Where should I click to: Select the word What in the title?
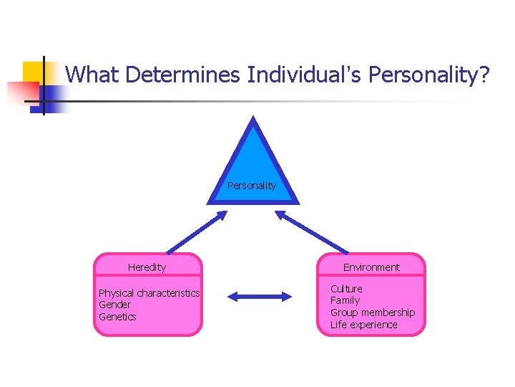pyautogui.click(x=90, y=73)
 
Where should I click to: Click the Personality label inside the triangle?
pyautogui.click(x=252, y=186)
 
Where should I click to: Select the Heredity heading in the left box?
pyautogui.click(x=147, y=267)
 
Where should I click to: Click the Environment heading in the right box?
pyautogui.click(x=371, y=267)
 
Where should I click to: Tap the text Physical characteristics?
pyautogui.click(x=149, y=293)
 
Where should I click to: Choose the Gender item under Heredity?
pyautogui.click(x=114, y=305)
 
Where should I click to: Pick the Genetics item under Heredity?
pyautogui.click(x=117, y=317)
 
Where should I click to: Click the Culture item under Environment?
pyautogui.click(x=346, y=288)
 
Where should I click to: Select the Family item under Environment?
pyautogui.click(x=345, y=300)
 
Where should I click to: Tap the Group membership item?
pyautogui.click(x=372, y=312)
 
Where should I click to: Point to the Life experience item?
pyautogui.click(x=363, y=325)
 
